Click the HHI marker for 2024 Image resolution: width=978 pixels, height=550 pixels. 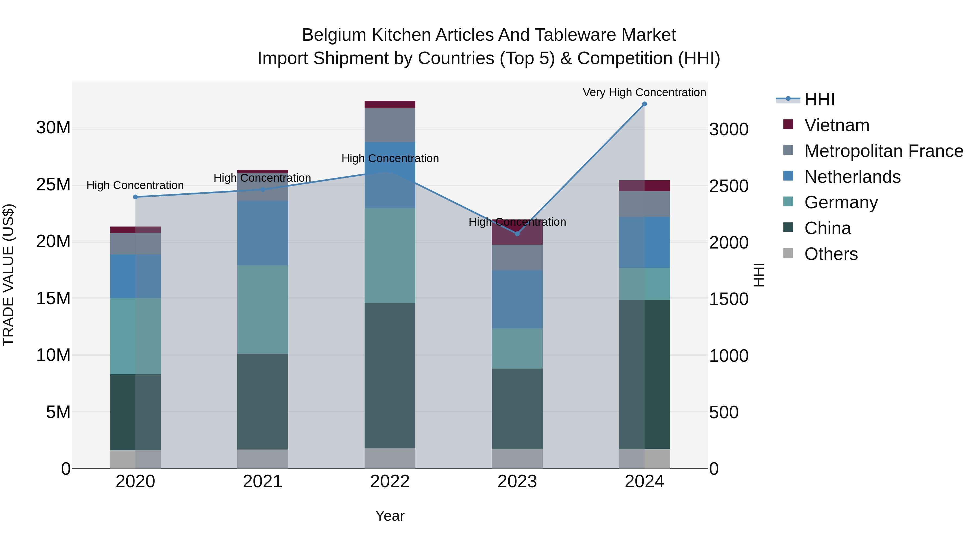[x=644, y=104]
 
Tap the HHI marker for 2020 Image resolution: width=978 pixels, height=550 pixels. [x=136, y=197]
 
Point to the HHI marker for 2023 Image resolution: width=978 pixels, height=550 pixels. [x=517, y=234]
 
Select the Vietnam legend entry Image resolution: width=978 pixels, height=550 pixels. [x=836, y=125]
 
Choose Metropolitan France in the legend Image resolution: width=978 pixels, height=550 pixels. [x=883, y=151]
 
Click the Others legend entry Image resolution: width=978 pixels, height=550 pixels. [x=831, y=254]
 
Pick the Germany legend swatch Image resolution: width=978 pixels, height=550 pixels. [x=788, y=202]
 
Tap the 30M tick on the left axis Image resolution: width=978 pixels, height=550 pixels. [x=53, y=128]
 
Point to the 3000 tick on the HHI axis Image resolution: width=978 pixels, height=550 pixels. [x=729, y=130]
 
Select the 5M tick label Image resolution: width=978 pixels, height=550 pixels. [x=58, y=412]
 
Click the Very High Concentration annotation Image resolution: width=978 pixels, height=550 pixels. [x=644, y=92]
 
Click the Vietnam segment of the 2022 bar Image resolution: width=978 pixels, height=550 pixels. [x=390, y=104]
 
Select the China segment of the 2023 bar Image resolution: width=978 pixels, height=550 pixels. [x=517, y=408]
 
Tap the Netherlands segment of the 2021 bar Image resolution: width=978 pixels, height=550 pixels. [x=263, y=233]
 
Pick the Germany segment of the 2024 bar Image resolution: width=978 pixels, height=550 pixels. [x=644, y=284]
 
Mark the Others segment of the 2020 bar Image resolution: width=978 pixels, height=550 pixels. [x=136, y=459]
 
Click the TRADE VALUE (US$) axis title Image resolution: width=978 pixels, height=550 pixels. [x=8, y=275]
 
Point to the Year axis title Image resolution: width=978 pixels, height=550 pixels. [x=390, y=516]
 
